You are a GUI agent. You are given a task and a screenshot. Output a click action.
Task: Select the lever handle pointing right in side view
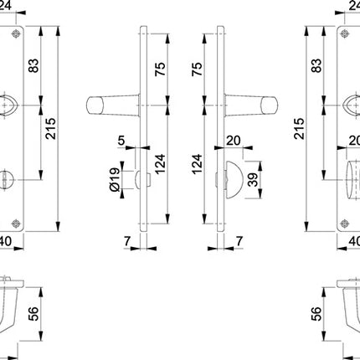[253, 105]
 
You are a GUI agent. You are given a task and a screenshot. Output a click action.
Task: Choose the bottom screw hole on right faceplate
[343, 219]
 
